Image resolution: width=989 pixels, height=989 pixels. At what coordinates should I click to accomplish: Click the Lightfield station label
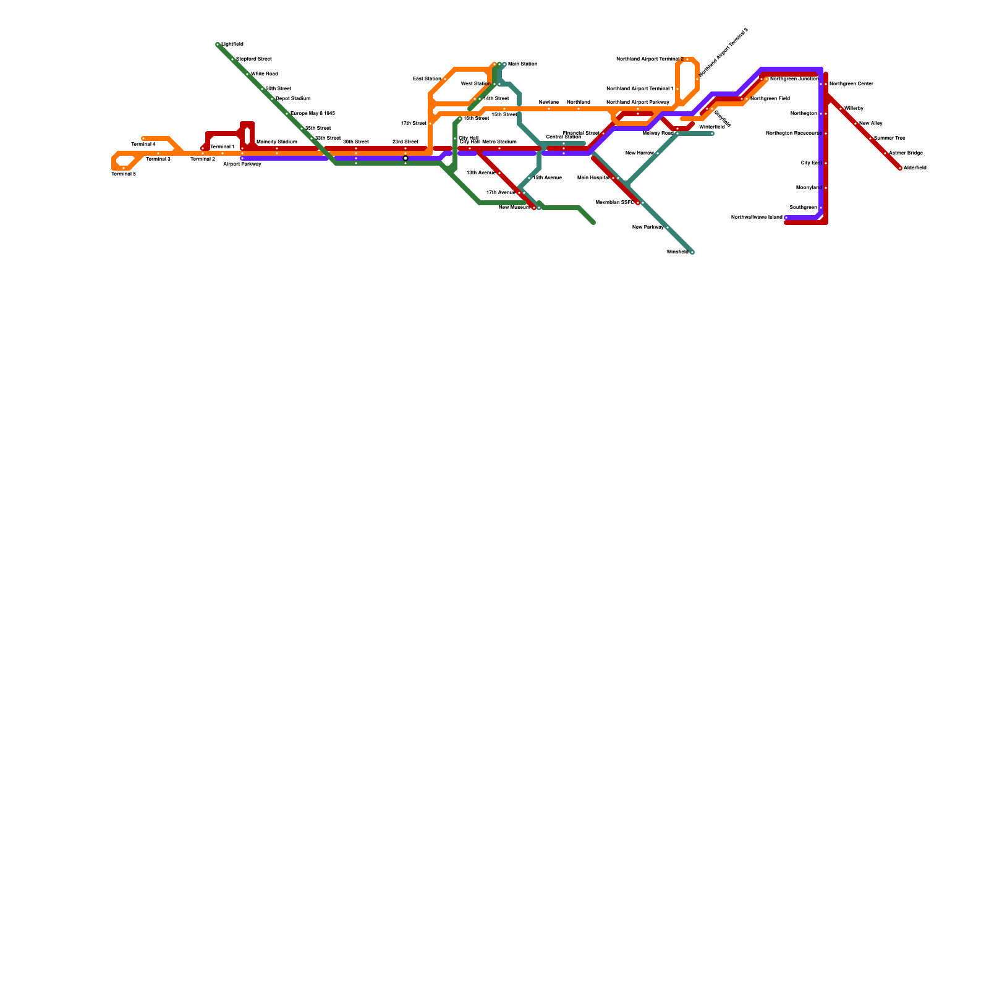(232, 45)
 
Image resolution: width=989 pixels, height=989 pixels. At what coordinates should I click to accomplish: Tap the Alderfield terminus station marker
(900, 168)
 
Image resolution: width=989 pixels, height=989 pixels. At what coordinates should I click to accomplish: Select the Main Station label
(522, 64)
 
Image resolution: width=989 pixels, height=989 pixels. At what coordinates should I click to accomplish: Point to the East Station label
(427, 79)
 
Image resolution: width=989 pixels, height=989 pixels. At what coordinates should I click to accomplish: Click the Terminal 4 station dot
(143, 138)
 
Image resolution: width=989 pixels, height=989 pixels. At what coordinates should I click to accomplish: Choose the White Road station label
(265, 74)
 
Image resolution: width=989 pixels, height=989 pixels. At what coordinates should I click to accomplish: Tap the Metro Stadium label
(499, 142)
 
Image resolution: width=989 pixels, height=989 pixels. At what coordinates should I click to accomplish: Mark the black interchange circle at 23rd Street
(405, 158)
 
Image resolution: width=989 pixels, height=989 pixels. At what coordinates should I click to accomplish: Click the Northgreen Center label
(851, 84)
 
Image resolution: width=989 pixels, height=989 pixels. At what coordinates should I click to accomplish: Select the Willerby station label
(854, 109)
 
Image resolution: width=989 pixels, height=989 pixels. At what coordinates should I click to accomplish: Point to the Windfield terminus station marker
(692, 252)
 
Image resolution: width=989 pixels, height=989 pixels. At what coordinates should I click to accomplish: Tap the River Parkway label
(648, 227)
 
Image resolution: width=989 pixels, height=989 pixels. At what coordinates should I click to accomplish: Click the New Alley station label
(871, 124)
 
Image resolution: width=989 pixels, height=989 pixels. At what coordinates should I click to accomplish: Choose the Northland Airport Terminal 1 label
(640, 89)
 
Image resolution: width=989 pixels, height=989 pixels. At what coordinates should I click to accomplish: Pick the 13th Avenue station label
(480, 173)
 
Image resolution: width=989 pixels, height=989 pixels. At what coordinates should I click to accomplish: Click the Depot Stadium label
(293, 99)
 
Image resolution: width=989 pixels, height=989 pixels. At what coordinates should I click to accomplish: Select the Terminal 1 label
(223, 147)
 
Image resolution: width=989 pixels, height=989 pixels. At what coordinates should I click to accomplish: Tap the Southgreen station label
(803, 208)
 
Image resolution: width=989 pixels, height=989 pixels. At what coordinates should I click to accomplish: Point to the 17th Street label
(414, 124)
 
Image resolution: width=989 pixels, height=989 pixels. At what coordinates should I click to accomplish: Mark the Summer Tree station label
(889, 138)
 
